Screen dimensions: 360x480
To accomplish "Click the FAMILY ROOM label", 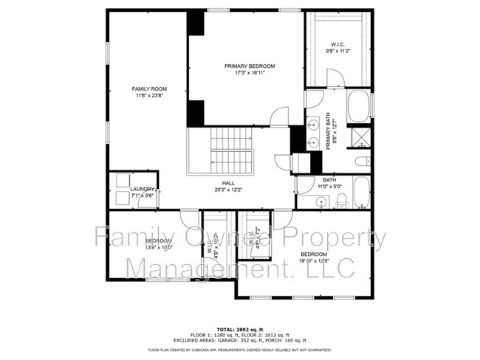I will click(144, 88).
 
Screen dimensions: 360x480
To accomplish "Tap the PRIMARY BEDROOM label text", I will click(244, 66).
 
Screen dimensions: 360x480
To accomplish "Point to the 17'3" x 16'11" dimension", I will click(244, 73).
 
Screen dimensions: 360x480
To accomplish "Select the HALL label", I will click(228, 182).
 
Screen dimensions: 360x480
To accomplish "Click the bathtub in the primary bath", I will click(360, 106).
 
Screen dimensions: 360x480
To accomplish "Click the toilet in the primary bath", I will click(362, 162).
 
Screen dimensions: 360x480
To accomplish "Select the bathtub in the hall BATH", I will click(360, 192).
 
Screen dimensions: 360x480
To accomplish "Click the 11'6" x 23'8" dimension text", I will click(144, 95).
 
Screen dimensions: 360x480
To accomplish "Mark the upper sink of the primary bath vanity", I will click(313, 123).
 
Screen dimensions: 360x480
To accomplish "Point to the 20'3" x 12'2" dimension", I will click(228, 190).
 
